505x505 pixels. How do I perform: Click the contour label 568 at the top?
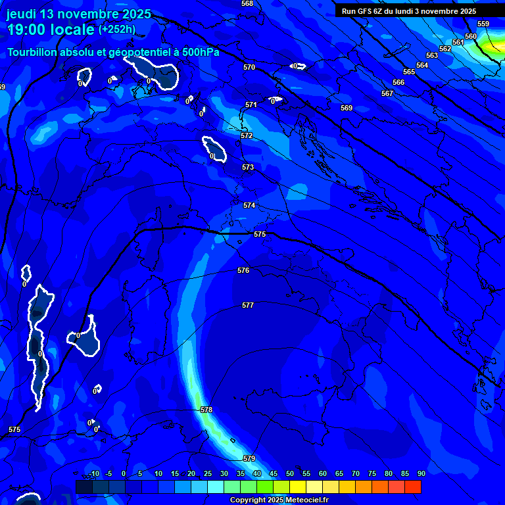pos(247,3)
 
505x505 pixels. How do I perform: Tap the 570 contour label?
pos(249,67)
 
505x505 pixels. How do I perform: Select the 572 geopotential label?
pos(247,135)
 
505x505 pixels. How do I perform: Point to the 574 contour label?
pos(249,206)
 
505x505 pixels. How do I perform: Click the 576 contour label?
pos(243,270)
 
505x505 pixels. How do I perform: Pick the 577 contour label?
pos(248,305)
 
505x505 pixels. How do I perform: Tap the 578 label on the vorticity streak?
pos(206,410)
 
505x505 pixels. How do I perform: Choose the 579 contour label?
pos(249,458)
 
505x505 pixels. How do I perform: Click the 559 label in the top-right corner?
pos(483,24)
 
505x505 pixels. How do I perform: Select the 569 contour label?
pos(347,108)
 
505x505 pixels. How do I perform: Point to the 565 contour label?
pos(409,72)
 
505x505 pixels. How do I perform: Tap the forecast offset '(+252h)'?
pos(117,30)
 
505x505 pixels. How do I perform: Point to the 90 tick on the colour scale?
pos(421,473)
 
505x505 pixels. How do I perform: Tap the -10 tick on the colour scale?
pos(93,473)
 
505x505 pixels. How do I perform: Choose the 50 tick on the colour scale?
pos(289,473)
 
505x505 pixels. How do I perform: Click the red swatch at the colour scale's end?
pos(412,487)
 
